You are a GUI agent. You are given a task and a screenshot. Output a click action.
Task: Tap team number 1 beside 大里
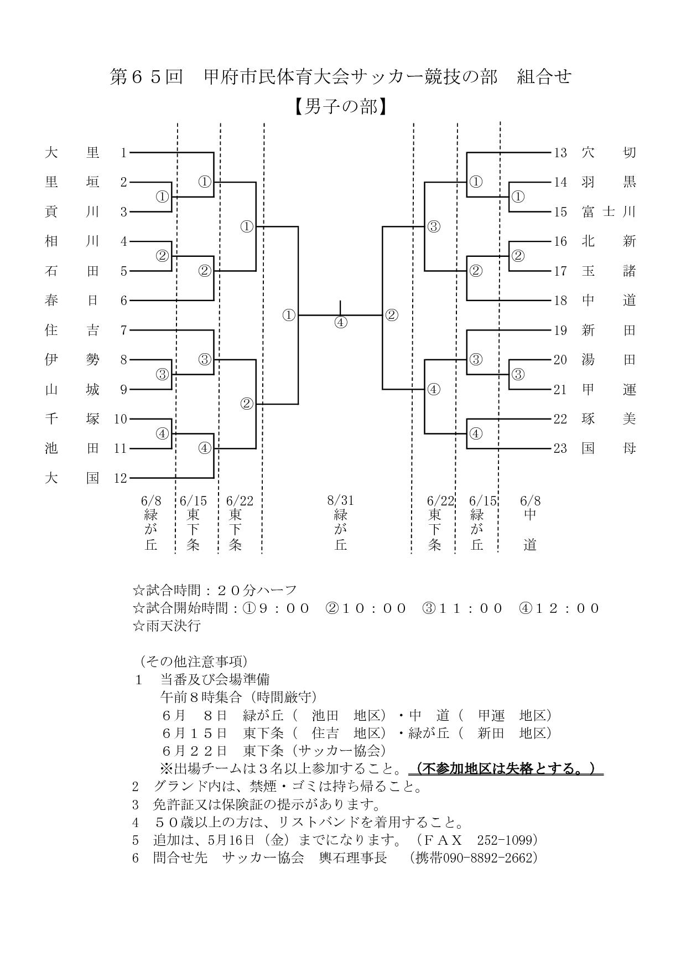124,152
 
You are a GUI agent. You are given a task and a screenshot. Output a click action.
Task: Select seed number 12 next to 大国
121,478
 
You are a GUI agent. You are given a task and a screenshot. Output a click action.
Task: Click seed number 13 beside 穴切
560,152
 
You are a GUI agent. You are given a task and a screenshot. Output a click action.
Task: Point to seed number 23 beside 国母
560,448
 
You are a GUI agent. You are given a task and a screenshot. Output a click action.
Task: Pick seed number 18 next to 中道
560,301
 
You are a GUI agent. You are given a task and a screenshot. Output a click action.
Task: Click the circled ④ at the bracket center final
341,322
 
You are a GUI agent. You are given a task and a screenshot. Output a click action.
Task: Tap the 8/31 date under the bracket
341,501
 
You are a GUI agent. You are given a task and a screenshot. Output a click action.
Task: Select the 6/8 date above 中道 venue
530,501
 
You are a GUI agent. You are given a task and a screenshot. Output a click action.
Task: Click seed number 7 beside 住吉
124,330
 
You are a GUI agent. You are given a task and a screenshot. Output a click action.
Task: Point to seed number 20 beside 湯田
560,360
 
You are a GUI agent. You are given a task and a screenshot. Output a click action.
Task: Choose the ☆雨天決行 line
167,626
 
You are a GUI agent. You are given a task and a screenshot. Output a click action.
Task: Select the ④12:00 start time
559,608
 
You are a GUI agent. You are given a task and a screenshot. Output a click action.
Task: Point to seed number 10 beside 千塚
121,419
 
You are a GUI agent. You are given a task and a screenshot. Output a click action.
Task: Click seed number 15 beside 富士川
560,211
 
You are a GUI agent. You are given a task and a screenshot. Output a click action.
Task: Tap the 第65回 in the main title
146,77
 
